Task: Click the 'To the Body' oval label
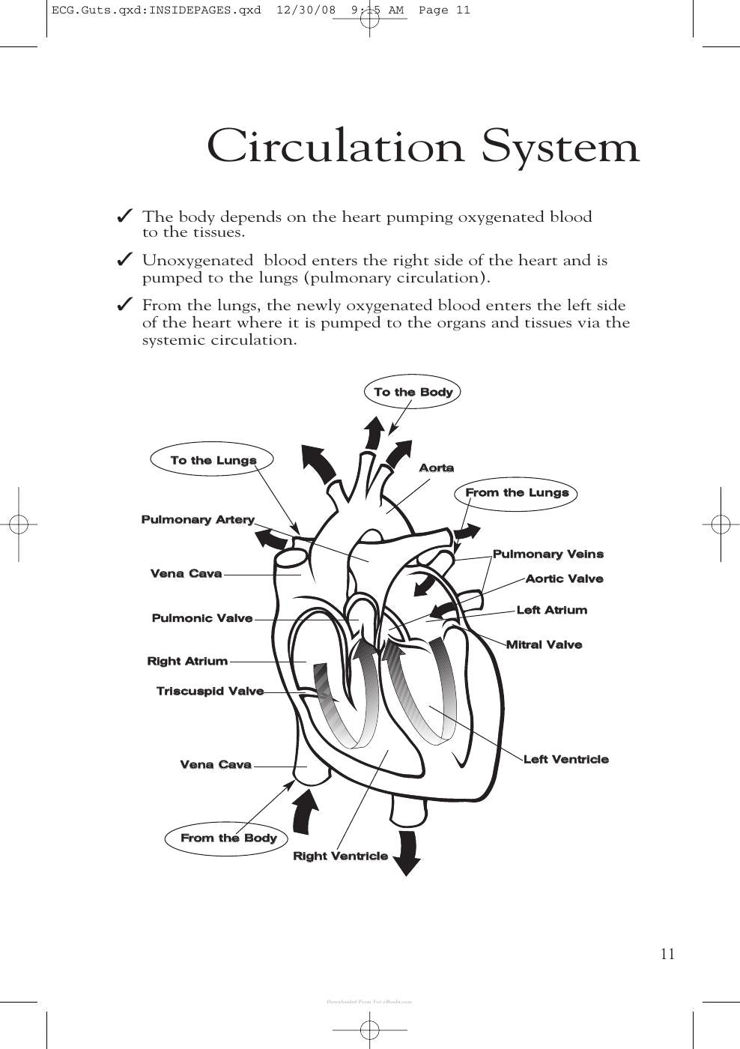pos(412,392)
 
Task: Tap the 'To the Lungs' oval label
pos(211,459)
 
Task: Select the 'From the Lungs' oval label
pos(516,493)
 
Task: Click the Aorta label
pos(436,468)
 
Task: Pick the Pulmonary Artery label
pos(198,520)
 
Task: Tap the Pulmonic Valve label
pos(202,618)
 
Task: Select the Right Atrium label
pos(187,661)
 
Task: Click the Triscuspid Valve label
pos(210,691)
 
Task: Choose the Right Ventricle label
pos(340,856)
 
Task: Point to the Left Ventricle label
pos(566,759)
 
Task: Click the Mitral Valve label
pos(545,644)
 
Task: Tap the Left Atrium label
pos(552,610)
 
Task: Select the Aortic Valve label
pos(565,578)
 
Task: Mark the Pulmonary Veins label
pos(548,554)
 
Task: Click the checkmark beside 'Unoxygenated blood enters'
pos(124,259)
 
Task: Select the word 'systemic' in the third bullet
pos(173,340)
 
